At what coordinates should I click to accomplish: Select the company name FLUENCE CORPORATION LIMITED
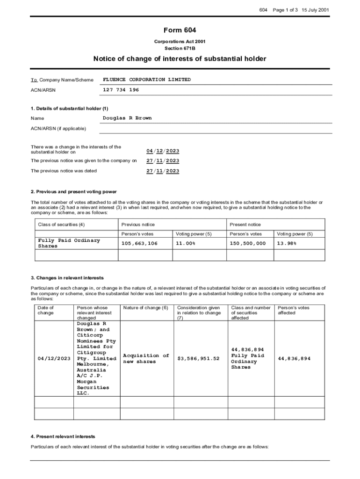click(147, 80)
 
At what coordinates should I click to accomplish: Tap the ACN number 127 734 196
click(121, 89)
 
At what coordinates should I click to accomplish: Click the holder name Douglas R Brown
click(127, 118)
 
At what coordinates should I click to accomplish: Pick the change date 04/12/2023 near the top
click(162, 151)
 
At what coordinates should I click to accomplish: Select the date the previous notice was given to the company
click(162, 161)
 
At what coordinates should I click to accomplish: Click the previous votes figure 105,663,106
click(139, 244)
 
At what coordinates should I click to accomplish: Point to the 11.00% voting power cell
click(186, 244)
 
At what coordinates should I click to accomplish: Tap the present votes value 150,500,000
click(248, 244)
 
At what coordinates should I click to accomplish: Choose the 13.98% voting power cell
click(287, 244)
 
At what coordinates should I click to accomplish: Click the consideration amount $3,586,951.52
click(199, 359)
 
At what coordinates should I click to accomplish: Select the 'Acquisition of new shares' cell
click(146, 359)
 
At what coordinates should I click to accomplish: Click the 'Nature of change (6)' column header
click(145, 308)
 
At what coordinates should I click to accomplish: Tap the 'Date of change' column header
click(45, 310)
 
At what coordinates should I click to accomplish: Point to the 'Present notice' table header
click(245, 225)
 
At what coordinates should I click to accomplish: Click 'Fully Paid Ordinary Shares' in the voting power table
click(69, 243)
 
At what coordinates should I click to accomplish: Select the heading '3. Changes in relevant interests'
click(67, 278)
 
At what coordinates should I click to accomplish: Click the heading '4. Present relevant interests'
click(63, 436)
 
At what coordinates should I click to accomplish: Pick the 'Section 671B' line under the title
click(180, 48)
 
